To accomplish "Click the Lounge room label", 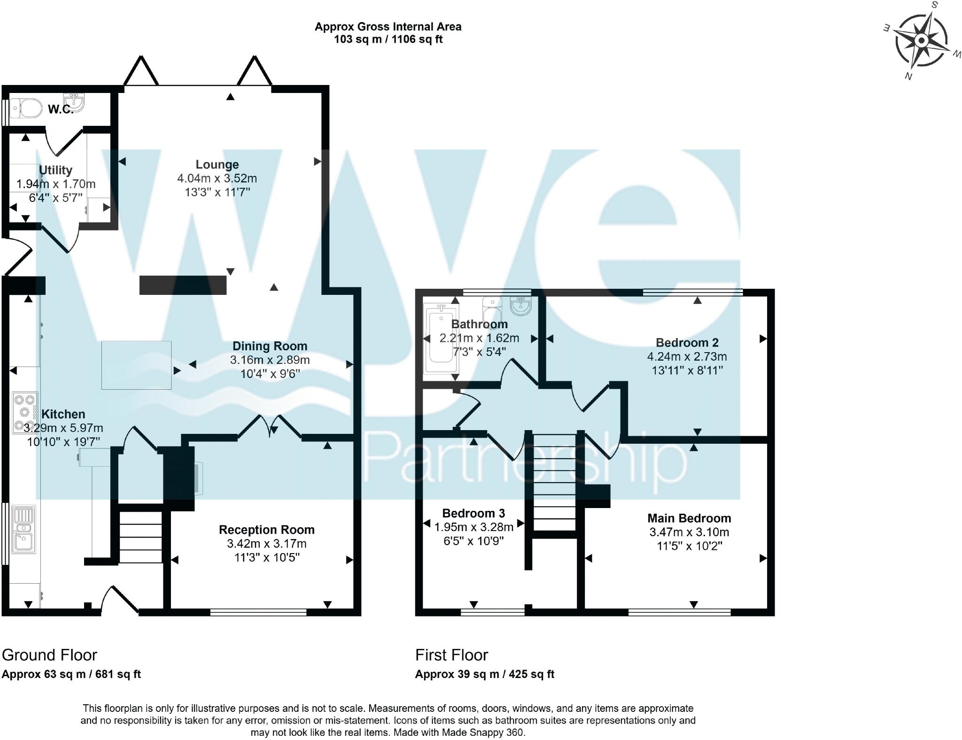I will [217, 164].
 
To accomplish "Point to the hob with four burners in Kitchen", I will [25, 413].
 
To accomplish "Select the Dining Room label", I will [270, 346].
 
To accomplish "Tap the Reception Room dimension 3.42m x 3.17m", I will [266, 544].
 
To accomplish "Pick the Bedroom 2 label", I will [687, 342].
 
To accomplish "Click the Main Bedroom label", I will [689, 518].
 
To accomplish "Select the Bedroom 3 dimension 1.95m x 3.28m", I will [473, 527].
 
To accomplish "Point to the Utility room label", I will [55, 170].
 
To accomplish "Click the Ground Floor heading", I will [49, 655].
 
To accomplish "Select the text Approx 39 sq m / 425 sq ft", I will [484, 674].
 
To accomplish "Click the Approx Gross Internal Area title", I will [388, 27].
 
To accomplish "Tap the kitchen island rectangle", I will [136, 365].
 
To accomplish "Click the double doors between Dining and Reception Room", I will [270, 426].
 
